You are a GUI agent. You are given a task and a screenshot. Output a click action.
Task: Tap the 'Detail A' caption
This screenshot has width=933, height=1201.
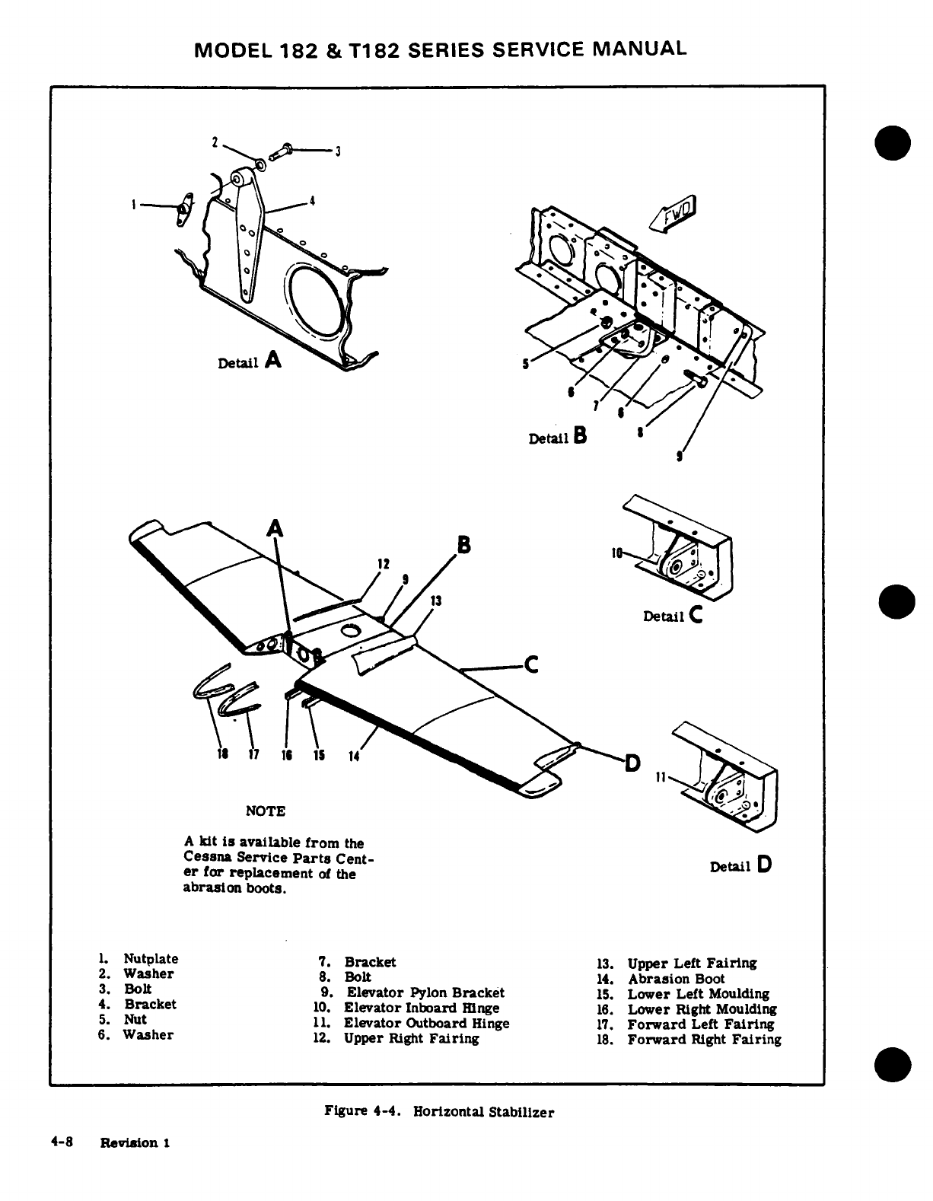click(x=250, y=362)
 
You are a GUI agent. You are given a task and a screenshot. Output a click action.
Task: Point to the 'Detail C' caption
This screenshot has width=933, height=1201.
click(x=672, y=616)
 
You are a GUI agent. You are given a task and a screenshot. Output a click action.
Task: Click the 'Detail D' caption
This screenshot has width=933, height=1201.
click(x=740, y=865)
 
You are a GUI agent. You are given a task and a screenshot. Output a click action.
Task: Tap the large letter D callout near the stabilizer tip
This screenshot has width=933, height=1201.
click(x=632, y=761)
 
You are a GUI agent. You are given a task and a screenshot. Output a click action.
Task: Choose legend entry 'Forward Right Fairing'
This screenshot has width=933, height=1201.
click(x=704, y=1039)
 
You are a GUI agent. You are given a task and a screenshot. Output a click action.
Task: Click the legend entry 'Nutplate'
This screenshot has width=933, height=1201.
click(x=151, y=958)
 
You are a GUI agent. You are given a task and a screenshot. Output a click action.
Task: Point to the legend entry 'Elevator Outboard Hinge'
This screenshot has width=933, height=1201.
click(x=426, y=1023)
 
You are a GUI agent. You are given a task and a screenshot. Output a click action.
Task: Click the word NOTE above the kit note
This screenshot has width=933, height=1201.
click(x=265, y=811)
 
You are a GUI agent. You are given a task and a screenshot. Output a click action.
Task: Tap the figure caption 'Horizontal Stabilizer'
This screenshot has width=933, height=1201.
click(x=483, y=1112)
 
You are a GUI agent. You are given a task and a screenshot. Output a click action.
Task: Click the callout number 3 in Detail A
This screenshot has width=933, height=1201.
click(x=336, y=151)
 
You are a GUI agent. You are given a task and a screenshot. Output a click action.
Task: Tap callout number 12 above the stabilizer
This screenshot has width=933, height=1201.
click(x=384, y=564)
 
